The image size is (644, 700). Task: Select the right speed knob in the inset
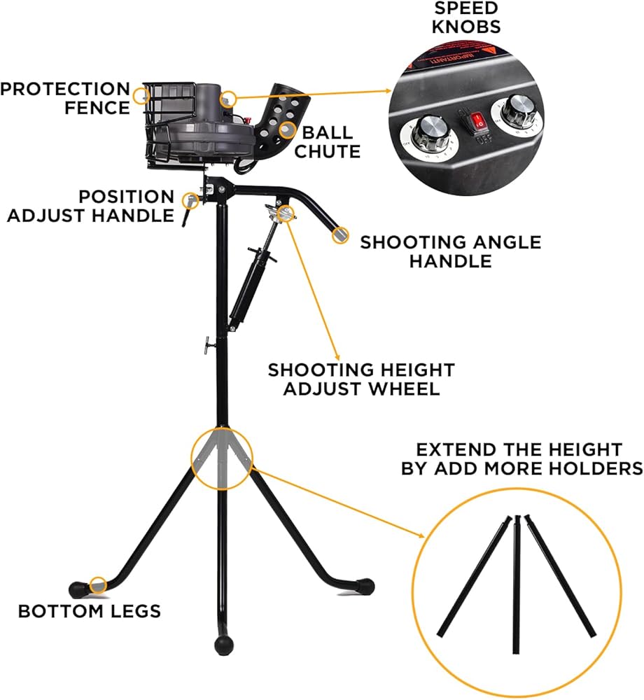pos(518,111)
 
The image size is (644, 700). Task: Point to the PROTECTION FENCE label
pos(65,98)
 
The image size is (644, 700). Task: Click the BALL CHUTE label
pos(327,141)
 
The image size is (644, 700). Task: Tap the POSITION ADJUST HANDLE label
pos(91,206)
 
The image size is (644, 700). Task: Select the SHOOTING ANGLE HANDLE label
pos(450,251)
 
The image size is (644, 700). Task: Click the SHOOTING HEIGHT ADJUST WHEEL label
pos(361,379)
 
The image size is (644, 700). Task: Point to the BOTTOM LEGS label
pos(89,610)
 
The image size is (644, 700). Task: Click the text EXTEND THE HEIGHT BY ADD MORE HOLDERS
pos(521,458)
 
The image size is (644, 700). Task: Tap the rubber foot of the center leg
pos(223,643)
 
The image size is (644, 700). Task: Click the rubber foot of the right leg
pos(365,583)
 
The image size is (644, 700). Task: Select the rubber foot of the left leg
pos(76,586)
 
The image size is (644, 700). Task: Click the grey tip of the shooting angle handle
pos(340,234)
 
